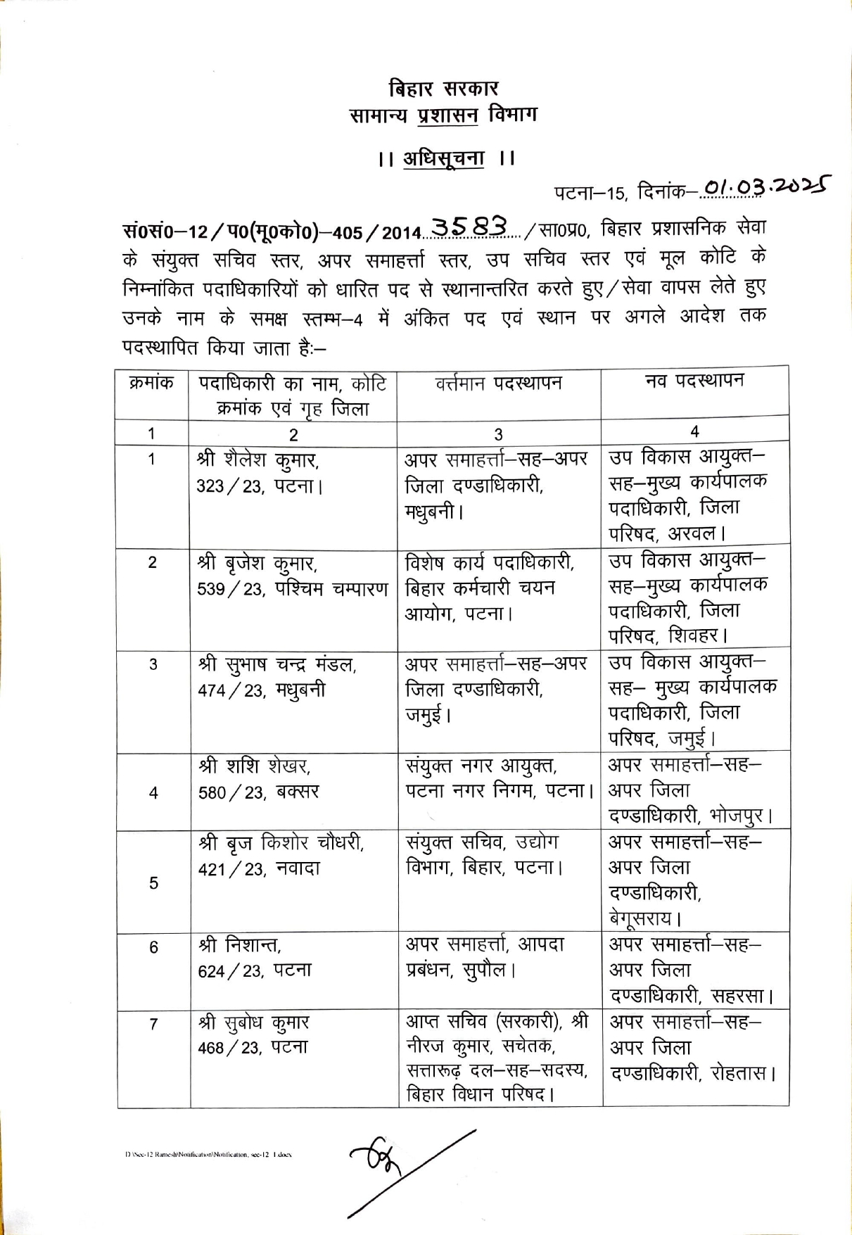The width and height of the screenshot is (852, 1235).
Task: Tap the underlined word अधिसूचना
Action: (x=443, y=159)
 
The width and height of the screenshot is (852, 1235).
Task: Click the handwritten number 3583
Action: (x=470, y=227)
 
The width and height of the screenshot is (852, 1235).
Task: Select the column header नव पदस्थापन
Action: (x=694, y=381)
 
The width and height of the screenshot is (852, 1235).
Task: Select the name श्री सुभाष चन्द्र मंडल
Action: (x=277, y=664)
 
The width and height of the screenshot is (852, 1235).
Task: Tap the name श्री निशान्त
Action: (x=240, y=945)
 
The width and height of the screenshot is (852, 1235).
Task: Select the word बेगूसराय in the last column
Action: (x=640, y=918)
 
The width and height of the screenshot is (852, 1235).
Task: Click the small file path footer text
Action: (x=208, y=1155)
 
